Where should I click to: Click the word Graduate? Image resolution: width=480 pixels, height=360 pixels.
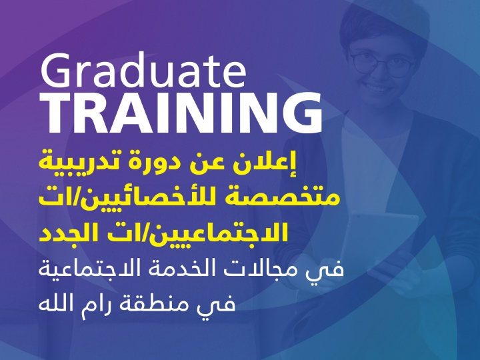point(143,71)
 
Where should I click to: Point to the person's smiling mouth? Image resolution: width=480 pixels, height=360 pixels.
point(377,89)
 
